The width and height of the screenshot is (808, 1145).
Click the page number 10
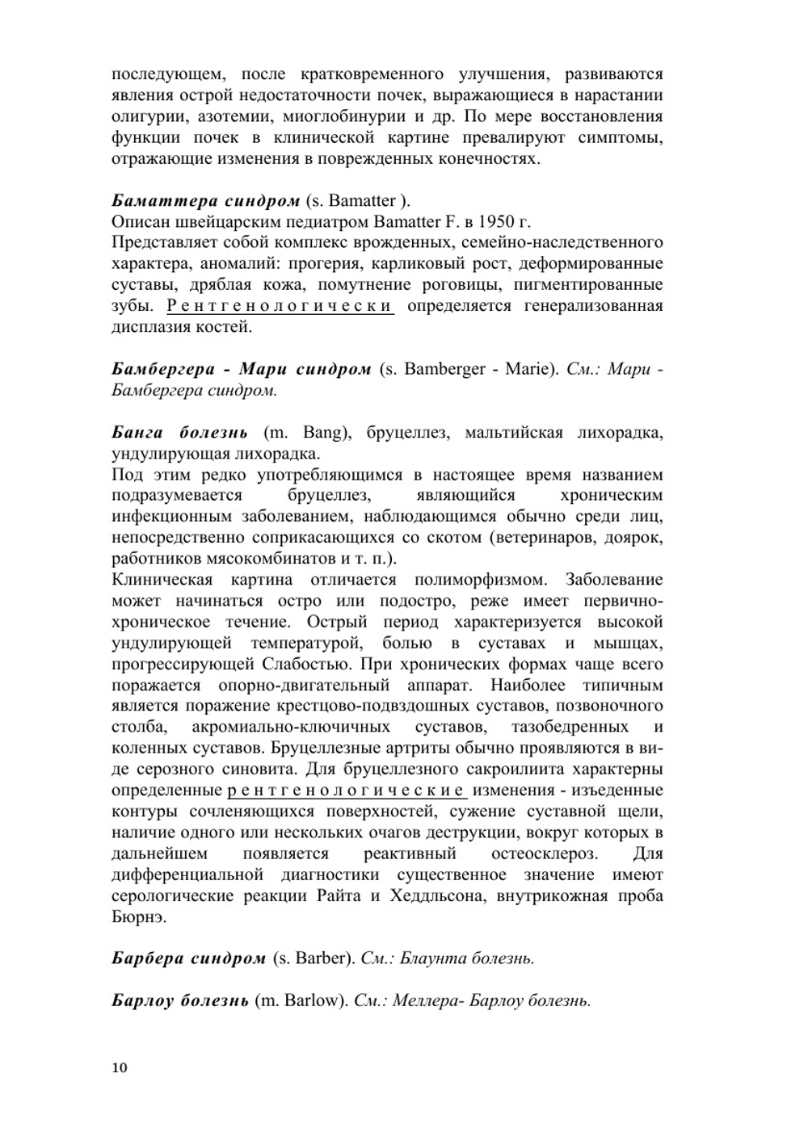click(120, 1067)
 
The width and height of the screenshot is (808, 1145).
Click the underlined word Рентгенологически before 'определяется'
click(280, 306)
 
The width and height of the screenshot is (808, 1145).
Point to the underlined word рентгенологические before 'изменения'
click(347, 791)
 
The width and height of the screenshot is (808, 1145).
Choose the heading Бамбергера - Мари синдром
click(241, 370)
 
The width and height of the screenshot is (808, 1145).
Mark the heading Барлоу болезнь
click(179, 1000)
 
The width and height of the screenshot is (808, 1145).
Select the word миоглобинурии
click(353, 116)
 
